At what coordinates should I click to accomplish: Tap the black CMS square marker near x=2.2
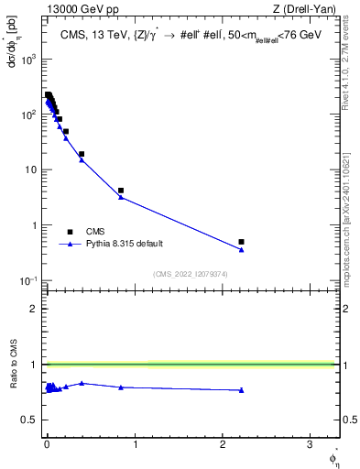point(241,242)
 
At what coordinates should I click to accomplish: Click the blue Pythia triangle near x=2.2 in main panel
point(241,249)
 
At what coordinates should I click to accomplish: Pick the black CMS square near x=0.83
point(121,191)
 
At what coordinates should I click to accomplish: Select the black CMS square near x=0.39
point(82,154)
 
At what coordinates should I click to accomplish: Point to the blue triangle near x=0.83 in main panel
point(121,197)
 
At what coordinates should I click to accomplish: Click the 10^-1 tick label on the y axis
point(28,280)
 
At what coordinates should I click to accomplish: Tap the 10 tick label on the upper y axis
point(32,170)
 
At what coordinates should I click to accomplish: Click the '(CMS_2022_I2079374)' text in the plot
point(190,273)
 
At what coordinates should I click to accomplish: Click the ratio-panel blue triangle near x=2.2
point(241,390)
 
